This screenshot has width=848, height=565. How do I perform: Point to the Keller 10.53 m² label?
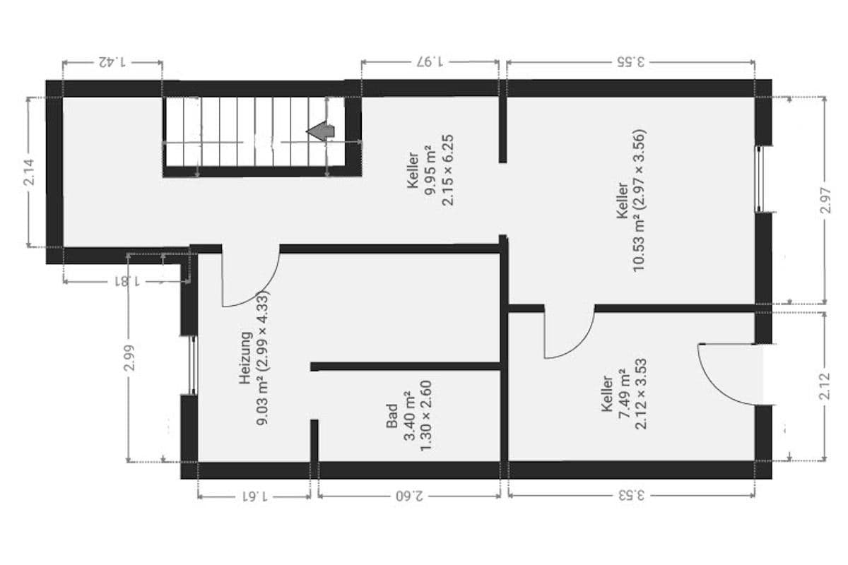[630, 201]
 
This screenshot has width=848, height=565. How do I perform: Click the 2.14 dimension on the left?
[29, 172]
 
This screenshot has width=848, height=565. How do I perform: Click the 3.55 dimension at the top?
[630, 61]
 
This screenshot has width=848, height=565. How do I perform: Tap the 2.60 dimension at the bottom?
[409, 495]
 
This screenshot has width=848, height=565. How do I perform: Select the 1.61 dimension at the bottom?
[254, 495]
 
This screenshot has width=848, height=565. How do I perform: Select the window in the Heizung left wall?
[192, 364]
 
